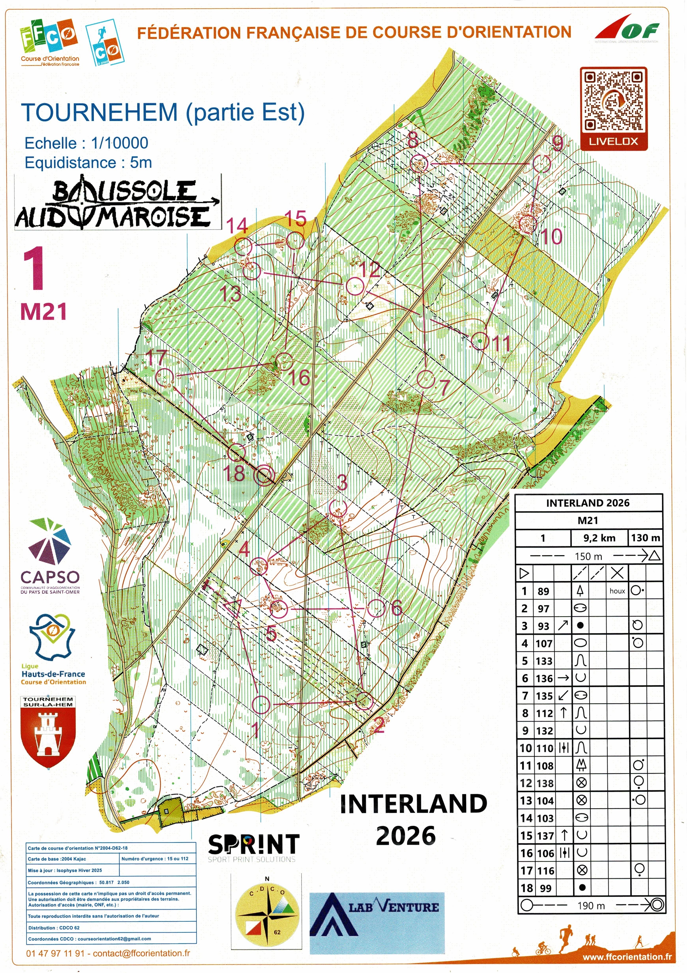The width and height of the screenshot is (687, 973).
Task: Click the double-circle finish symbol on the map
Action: pos(265,475)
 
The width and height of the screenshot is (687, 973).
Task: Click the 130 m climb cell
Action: pos(645,538)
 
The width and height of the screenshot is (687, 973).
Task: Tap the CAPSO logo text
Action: pos(50,577)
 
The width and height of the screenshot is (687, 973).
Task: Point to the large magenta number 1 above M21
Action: pos(34,269)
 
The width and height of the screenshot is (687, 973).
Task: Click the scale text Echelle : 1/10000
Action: pos(86,143)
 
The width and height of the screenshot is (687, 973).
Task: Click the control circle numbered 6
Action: pos(375,609)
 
